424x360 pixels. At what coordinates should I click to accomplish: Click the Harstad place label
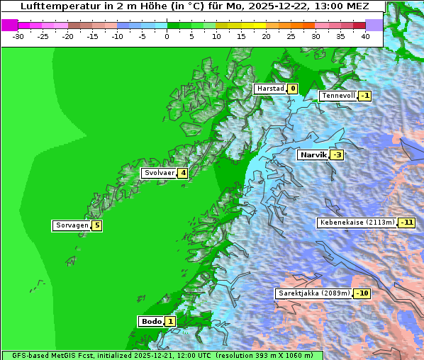coord(270,89)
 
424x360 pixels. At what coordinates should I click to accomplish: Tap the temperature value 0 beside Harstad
coord(292,89)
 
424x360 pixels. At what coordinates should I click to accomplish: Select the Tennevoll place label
coord(337,96)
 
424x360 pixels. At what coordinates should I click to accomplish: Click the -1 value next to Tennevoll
coord(364,96)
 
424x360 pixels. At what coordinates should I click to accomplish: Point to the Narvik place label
coord(313,154)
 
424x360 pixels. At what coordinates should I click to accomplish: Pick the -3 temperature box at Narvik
coord(337,155)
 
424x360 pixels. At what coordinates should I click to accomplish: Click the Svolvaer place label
coord(159,173)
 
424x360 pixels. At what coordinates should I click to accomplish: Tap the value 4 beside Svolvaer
coord(183,173)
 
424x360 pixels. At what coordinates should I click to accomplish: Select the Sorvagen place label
coord(72,225)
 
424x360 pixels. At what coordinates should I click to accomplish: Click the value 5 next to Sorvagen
coord(97,225)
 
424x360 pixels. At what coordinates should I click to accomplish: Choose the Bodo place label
coord(151,321)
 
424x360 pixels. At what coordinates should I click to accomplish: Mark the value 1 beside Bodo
coord(170,322)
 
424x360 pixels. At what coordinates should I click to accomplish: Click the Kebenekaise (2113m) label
coord(357,223)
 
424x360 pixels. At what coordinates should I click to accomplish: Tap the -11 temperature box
coord(406,223)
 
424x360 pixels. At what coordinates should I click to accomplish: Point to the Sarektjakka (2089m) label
coord(314,293)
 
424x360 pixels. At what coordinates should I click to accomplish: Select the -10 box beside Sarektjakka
coord(362,293)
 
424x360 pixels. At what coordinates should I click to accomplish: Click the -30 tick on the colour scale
coord(18,35)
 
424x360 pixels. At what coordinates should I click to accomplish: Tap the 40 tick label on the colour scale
coord(365,35)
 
